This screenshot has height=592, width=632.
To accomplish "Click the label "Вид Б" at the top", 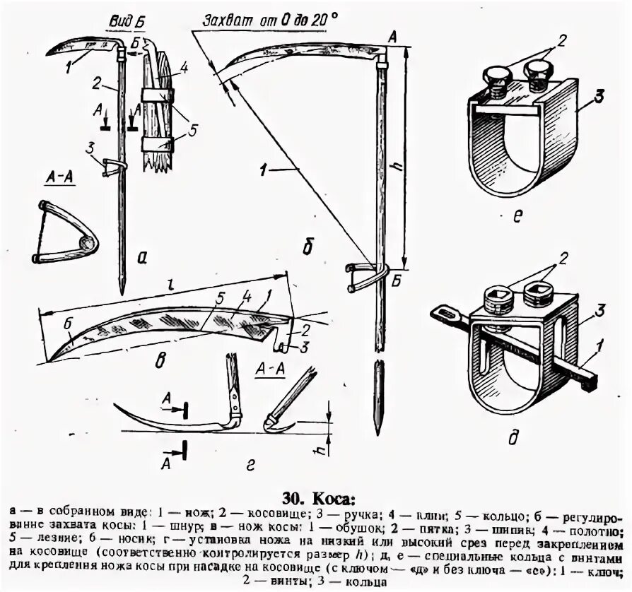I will pos(122,23).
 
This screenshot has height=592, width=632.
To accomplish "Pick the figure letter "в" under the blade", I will pos(160,362).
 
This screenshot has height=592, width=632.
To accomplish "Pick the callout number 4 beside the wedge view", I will pos(182,69).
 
